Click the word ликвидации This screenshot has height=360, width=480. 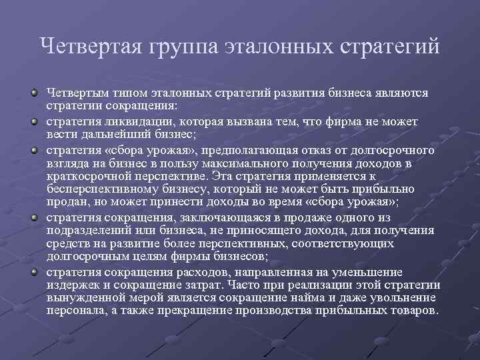tap(133, 122)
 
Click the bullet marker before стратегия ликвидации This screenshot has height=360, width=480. tap(33, 122)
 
